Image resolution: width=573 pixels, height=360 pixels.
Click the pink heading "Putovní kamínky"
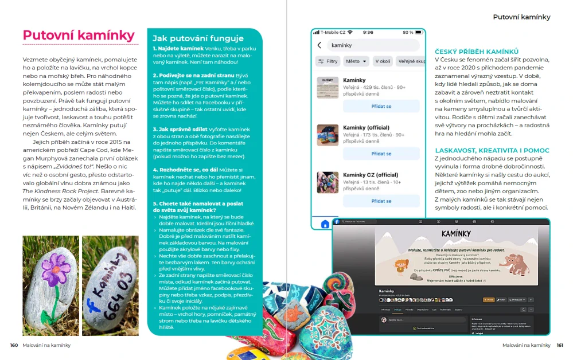point(79,36)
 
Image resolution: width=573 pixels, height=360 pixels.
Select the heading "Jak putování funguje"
point(198,38)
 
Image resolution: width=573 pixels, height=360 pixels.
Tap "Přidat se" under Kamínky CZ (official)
point(381,201)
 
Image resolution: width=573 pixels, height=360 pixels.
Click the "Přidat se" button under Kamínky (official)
point(381,154)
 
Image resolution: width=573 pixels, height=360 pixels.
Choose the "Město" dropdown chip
point(356,61)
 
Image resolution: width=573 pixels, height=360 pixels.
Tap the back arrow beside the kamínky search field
point(319,45)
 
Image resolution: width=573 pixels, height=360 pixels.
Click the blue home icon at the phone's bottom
point(325,224)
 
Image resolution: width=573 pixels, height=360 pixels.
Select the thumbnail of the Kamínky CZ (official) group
point(328,182)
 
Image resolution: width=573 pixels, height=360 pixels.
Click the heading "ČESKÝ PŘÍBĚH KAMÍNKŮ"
point(477,52)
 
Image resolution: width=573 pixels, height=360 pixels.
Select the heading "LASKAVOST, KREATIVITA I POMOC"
point(492,150)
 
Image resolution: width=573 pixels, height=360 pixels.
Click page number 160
point(14,345)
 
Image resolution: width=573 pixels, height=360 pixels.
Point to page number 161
point(560,345)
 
